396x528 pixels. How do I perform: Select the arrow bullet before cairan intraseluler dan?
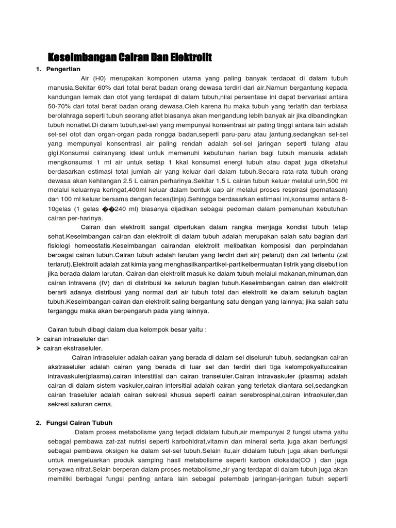click(39, 339)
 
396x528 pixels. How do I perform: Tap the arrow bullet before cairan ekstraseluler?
click(39, 349)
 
